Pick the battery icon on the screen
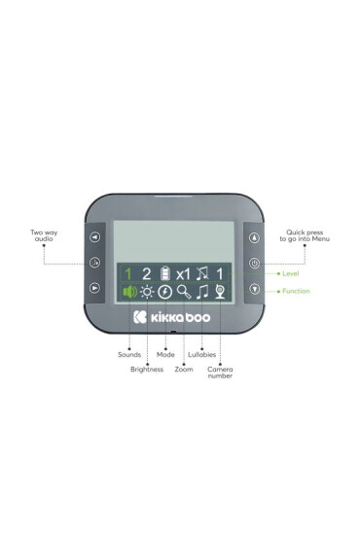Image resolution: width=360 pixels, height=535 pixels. click(164, 273)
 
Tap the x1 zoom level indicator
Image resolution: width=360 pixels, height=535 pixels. click(183, 273)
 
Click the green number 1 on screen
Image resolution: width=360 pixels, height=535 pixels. click(126, 273)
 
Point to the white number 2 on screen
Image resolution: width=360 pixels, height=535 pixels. click(146, 273)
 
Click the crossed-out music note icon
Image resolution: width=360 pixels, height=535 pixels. click(202, 273)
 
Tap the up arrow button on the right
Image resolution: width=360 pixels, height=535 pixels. click(254, 236)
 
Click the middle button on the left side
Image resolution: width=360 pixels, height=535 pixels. click(94, 263)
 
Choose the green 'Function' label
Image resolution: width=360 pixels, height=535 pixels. click(296, 291)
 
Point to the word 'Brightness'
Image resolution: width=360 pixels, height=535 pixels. click(147, 370)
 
